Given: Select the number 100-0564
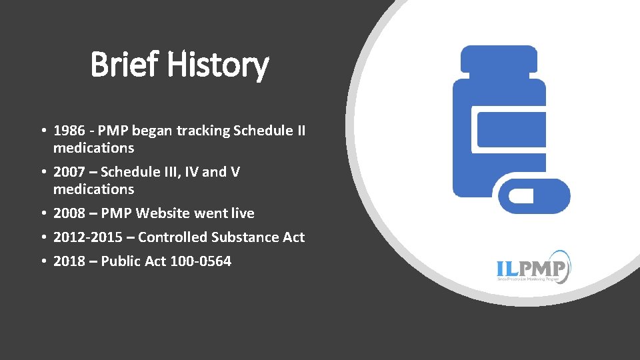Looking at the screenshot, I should (201, 261).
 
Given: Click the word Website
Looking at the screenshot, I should (165, 213).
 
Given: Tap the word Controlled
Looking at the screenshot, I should (172, 237).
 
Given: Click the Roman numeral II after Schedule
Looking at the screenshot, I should (299, 131).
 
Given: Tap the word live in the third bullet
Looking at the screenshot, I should (243, 213).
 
